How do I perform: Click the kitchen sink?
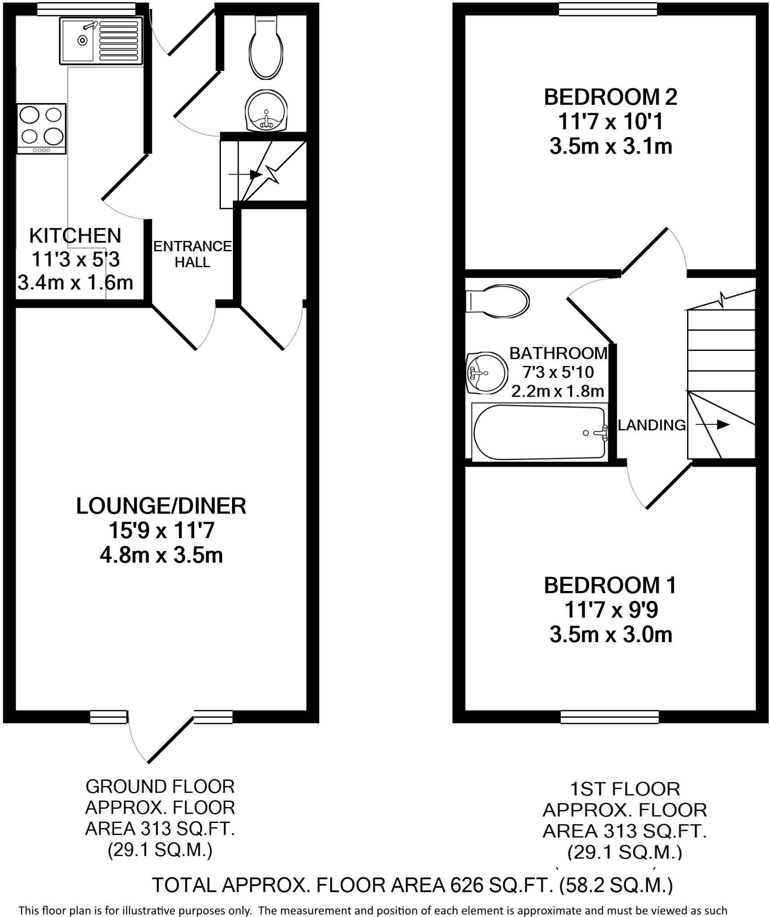pos(100,41)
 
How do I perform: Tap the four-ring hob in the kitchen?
pos(41,129)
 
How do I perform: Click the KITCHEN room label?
pos(75,236)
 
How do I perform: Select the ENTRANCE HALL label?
pos(192,254)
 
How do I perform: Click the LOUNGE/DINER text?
pos(161,506)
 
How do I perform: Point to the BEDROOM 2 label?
pos(610,97)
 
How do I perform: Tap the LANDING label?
pos(651,425)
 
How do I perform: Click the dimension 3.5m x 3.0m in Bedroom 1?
pos(611,635)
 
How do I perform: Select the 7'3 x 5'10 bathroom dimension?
pos(558,372)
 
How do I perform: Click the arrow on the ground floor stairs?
pos(246,175)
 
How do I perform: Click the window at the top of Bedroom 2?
pos(608,9)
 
